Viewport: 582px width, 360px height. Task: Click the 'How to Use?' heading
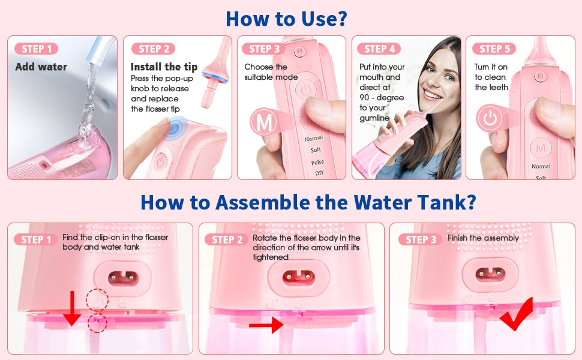pos(286,18)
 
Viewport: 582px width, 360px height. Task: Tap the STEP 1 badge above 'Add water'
pos(37,49)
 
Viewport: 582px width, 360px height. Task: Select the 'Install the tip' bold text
pos(164,67)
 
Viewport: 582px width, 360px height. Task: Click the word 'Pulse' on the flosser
pos(317,163)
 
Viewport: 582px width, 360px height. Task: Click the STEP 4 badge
pos(380,49)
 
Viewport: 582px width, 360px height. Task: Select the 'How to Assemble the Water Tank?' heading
pos(308,202)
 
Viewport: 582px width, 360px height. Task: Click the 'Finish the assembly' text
pos(483,238)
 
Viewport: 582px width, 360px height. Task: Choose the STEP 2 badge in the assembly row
pos(226,239)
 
